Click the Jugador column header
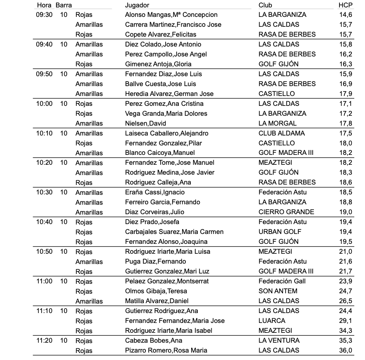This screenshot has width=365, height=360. (137, 5)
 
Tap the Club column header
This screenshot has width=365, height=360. (265, 5)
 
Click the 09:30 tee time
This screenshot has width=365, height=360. (44, 15)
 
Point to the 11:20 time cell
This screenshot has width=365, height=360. (44, 341)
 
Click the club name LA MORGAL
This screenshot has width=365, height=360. (277, 123)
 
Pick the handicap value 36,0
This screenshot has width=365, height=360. (345, 351)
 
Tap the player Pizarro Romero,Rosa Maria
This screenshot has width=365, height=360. (166, 351)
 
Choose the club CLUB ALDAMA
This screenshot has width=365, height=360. (282, 133)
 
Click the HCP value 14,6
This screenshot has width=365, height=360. (345, 15)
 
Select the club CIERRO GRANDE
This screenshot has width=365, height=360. (286, 212)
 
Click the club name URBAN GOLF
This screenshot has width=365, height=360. (280, 232)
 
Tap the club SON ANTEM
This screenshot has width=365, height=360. (278, 291)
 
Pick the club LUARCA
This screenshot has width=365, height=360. (272, 321)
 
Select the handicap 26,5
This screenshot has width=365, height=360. (345, 301)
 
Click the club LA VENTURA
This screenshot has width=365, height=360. (279, 341)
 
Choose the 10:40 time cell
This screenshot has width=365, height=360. (44, 222)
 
